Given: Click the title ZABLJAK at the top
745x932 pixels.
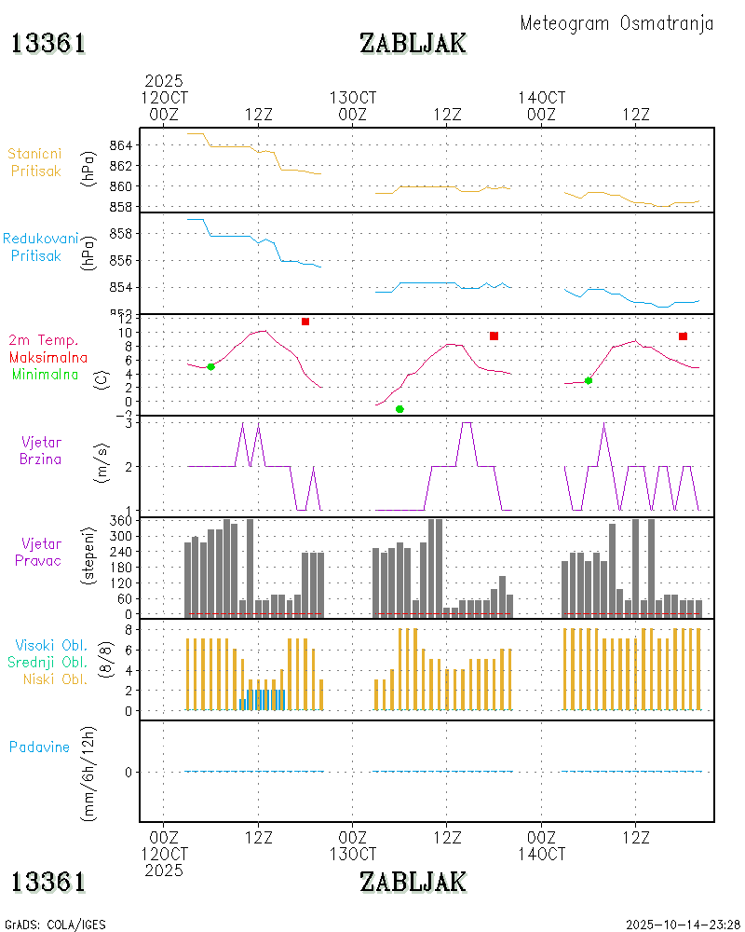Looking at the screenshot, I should pyautogui.click(x=413, y=43).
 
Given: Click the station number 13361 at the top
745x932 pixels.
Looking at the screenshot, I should pyautogui.click(x=48, y=43).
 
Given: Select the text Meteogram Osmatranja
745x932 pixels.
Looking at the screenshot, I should pyautogui.click(x=616, y=23).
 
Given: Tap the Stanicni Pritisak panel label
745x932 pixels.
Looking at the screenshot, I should pyautogui.click(x=36, y=162).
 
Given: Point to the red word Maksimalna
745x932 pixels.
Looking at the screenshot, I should pyautogui.click(x=48, y=357).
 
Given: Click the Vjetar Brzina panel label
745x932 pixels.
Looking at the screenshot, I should pyautogui.click(x=42, y=450).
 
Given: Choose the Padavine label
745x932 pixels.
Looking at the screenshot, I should pyautogui.click(x=39, y=747).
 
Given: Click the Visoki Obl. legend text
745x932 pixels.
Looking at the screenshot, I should pyautogui.click(x=50, y=645).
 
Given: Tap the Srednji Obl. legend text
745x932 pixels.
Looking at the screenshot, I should pyautogui.click(x=50, y=662).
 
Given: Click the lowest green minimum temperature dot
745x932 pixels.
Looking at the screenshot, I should pyautogui.click(x=400, y=409).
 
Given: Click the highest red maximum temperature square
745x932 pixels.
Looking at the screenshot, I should pyautogui.click(x=305, y=322).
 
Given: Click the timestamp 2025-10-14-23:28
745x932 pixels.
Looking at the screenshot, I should pyautogui.click(x=683, y=925).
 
